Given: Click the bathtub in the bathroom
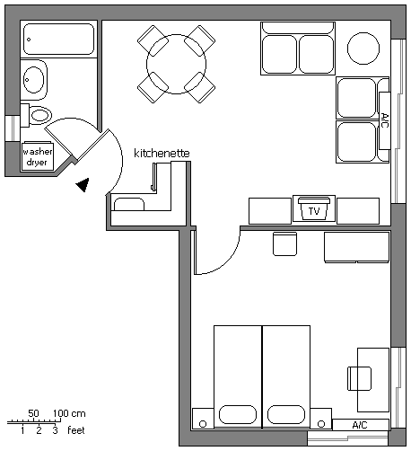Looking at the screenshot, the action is pos(58,39).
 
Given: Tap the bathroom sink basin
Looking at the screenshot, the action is pos(34,80).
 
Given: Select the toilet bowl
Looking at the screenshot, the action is pos(40,115).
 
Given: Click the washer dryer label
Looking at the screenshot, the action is pos(37,156).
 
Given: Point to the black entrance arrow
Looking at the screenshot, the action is pos(83,185).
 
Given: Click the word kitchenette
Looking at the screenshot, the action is pos(162,153).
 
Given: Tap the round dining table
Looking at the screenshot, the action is pos(176,64).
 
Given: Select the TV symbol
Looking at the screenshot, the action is pos(314,208).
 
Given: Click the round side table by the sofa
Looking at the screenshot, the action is pos(363,49).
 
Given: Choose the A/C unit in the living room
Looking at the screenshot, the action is pos(385,120).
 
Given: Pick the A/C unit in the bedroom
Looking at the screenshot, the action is pos(360,425).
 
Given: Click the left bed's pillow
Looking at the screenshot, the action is pos(238,415).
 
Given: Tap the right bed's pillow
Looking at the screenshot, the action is pos(286,415).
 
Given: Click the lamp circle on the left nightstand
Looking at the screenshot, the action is pos(203,424).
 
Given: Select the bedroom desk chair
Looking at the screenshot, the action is pos(359,378).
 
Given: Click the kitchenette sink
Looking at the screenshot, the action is pos(129,204).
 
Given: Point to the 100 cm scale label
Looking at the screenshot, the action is pos(69,413).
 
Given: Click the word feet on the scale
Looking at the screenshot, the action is pos(76,430).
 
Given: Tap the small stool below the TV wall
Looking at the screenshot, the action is pos(284,243).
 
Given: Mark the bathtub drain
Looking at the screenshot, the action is pos(29,40).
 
